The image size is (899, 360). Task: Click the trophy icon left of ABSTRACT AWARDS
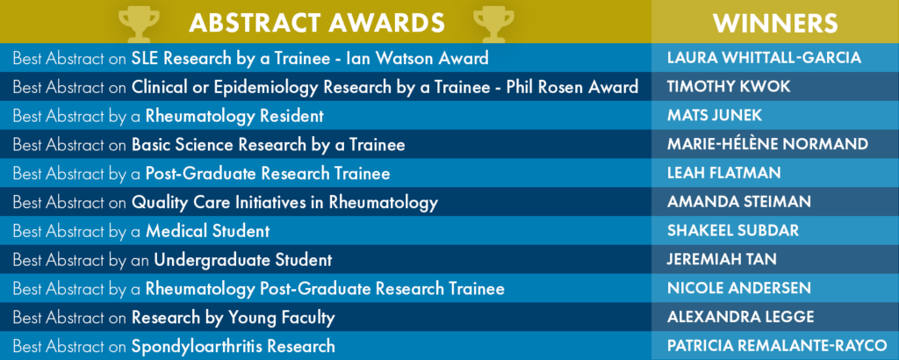pyautogui.click(x=140, y=24)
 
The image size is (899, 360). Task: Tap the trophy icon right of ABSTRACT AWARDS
pyautogui.click(x=493, y=24)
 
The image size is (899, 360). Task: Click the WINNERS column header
pyautogui.click(x=775, y=23)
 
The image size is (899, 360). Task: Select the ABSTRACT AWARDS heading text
pyautogui.click(x=316, y=23)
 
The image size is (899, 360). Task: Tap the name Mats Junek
pyautogui.click(x=715, y=115)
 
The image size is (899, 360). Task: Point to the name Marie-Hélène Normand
pyautogui.click(x=767, y=143)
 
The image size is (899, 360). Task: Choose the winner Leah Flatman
pyautogui.click(x=724, y=173)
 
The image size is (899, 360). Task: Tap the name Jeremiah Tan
pyautogui.click(x=722, y=258)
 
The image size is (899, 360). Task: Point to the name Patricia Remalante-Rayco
pyautogui.click(x=777, y=346)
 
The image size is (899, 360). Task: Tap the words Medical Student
pyautogui.click(x=207, y=231)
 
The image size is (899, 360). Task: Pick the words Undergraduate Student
pyautogui.click(x=242, y=260)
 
